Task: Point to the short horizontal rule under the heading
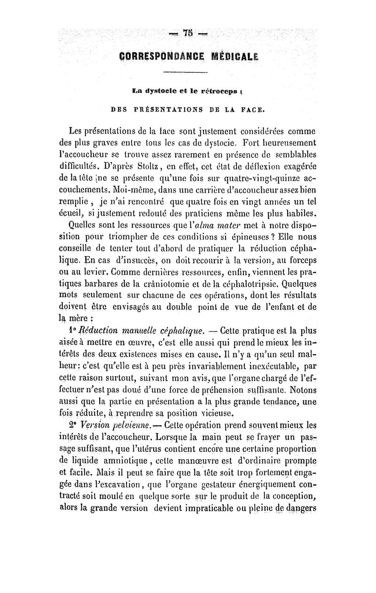[188, 72]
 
